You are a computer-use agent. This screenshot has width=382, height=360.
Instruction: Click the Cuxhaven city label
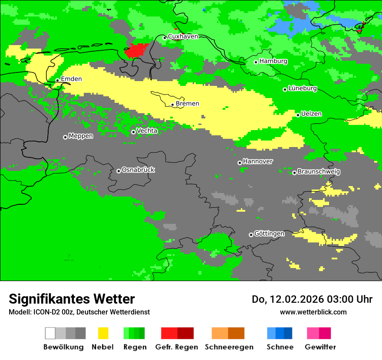[x=183, y=36]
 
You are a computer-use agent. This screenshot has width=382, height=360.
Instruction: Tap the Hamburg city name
[x=273, y=61]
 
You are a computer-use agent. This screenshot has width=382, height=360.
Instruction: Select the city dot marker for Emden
[x=57, y=80]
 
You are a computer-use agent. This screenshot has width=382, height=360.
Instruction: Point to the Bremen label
[x=188, y=104]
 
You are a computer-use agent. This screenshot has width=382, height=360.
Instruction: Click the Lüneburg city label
[x=302, y=88]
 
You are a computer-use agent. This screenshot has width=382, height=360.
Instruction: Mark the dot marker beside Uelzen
[x=298, y=115]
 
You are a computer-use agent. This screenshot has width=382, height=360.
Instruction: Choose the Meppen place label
[x=81, y=136]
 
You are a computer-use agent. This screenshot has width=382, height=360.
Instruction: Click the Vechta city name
[x=147, y=131]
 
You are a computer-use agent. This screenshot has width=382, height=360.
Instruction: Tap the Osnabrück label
[x=138, y=170]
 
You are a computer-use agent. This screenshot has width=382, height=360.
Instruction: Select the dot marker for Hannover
[x=240, y=163]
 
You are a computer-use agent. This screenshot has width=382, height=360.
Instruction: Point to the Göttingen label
[x=269, y=234]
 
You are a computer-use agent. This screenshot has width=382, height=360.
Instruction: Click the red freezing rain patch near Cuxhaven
[x=135, y=50]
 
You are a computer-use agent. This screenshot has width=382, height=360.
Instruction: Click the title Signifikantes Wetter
[x=72, y=299]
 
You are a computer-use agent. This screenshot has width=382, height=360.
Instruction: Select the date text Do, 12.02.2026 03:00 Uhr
[x=312, y=299]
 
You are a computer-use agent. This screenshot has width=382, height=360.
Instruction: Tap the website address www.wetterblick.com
[x=313, y=312]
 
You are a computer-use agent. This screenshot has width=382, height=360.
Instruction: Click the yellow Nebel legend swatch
[x=103, y=333]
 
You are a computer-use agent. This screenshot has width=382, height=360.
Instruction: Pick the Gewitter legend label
[x=320, y=347]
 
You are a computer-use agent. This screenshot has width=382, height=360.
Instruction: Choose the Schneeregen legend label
[x=229, y=347]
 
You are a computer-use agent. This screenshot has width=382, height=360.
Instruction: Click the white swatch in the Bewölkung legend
[x=50, y=333]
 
